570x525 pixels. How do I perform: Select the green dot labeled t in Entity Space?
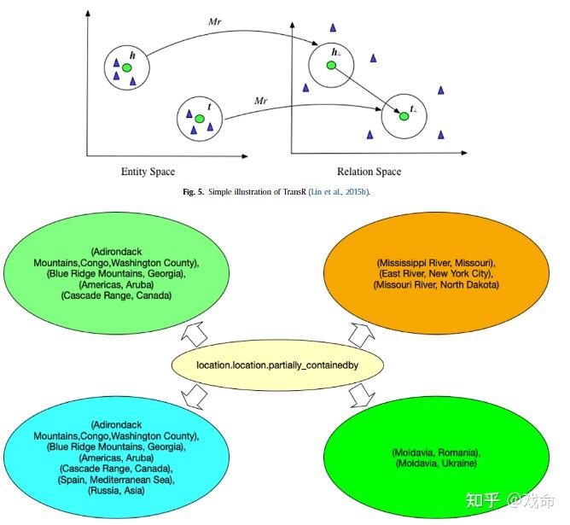tap(199, 118)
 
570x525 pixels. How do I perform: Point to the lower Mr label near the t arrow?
tap(261, 101)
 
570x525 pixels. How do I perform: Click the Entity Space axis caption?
tap(148, 172)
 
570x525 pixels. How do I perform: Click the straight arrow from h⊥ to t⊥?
tap(367, 91)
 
